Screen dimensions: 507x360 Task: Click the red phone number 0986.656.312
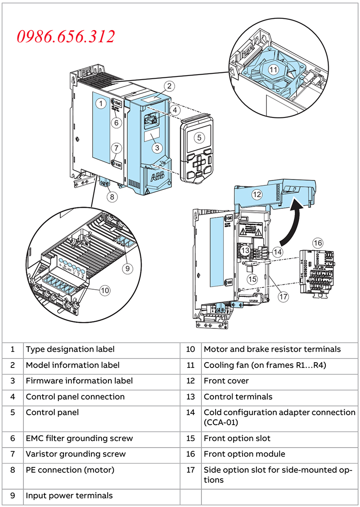pos(66,36)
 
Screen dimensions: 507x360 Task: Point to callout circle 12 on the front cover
pos(256,195)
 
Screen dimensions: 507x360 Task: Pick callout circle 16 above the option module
pos(318,243)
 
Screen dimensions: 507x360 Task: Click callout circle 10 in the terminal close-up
pos(105,291)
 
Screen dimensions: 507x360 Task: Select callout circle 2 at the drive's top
pos(169,85)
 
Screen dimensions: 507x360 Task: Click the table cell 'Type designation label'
pos(70,349)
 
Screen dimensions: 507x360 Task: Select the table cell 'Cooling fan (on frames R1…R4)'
pos(265,365)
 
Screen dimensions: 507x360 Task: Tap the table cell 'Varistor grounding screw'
pos(76,454)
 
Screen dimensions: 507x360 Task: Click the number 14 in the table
pos(190,412)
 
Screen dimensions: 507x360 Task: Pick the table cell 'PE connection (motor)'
pos(70,470)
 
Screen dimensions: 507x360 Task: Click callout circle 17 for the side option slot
pos(283,296)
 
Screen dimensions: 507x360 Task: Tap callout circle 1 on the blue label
pos(102,104)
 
